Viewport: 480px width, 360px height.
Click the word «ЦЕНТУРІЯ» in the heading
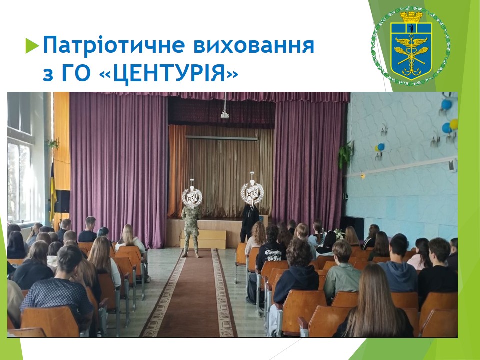pos(169,73)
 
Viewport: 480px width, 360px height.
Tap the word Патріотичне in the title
pos(114,45)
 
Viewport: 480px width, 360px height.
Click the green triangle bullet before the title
pos(32,45)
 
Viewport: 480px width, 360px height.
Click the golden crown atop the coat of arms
pos(411,17)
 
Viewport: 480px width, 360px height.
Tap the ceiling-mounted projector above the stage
pos(225,115)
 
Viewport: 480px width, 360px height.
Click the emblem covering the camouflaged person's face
pos(192,195)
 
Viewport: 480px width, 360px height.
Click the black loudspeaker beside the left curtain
pos(62,201)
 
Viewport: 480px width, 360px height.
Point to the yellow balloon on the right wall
pos(454,124)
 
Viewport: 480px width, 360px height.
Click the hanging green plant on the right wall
pos(345,155)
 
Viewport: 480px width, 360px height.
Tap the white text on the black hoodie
pos(273,255)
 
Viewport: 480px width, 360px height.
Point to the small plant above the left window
pos(53,143)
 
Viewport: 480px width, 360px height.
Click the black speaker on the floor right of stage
pos(352,227)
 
